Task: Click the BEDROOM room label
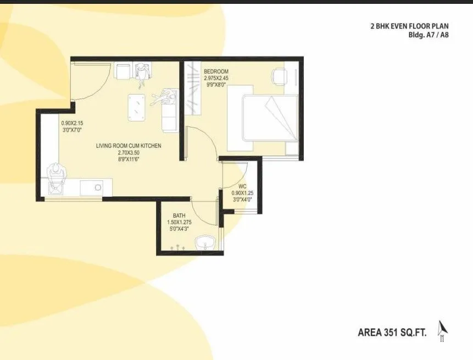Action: click(x=216, y=72)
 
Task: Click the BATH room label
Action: click(x=179, y=215)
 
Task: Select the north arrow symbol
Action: click(x=442, y=330)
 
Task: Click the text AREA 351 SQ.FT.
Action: click(x=392, y=333)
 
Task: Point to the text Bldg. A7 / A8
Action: click(x=425, y=34)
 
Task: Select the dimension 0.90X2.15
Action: click(x=72, y=124)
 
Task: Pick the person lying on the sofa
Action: click(x=165, y=98)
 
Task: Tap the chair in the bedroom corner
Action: click(x=279, y=76)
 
